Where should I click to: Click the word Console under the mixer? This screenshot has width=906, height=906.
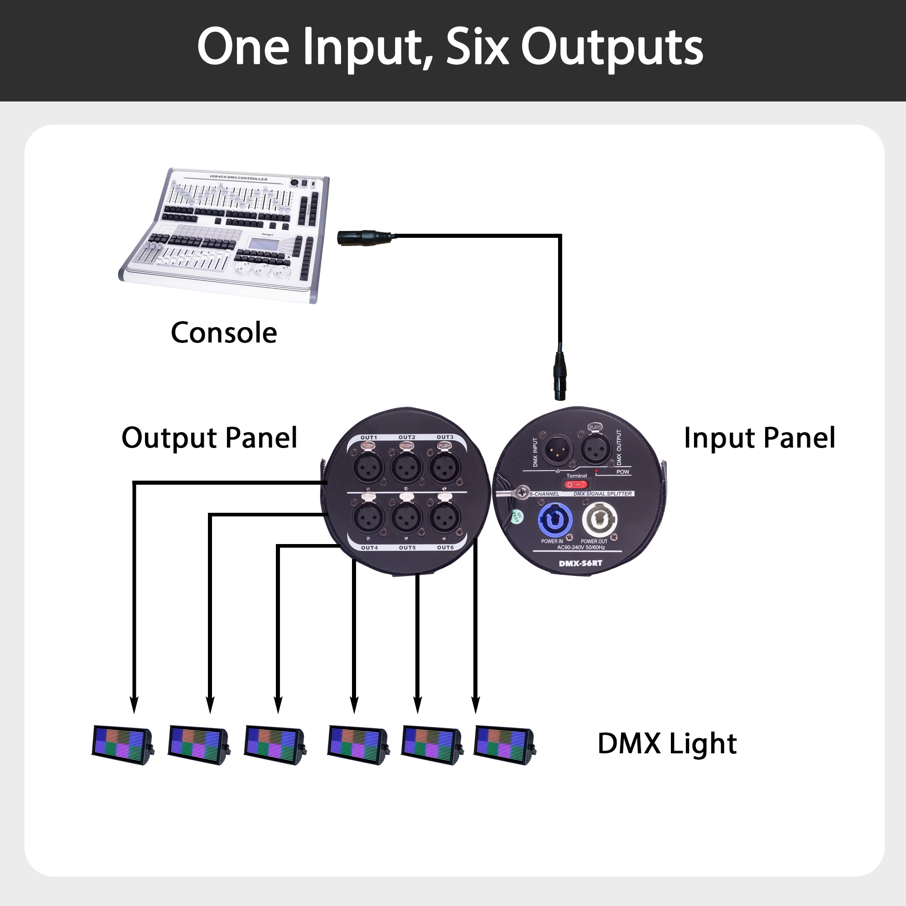224,333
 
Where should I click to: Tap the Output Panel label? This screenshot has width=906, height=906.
209,438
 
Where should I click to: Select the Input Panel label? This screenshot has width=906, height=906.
759,438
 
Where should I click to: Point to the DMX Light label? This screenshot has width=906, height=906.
667,744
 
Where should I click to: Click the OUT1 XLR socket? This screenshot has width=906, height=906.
368,467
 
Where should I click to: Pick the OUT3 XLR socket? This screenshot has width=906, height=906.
444,467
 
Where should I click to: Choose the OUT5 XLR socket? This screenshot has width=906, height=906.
407,517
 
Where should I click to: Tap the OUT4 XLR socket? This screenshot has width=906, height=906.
368,517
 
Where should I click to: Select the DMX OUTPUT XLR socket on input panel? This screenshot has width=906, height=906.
596,448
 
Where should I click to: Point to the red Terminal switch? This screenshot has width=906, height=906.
576,484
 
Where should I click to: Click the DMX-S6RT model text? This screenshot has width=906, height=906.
580,563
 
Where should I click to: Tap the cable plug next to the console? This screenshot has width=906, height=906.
364,237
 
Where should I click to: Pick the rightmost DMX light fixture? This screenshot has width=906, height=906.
505,745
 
